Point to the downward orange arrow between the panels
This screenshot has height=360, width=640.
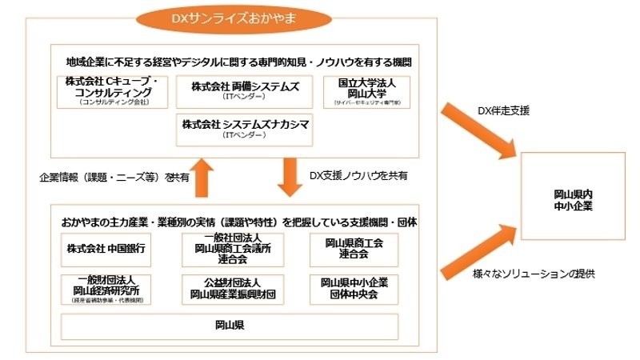(289, 175)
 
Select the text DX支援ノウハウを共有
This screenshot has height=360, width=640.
(359, 174)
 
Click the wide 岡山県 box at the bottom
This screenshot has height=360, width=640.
(230, 326)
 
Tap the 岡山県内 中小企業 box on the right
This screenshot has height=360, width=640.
(573, 195)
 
